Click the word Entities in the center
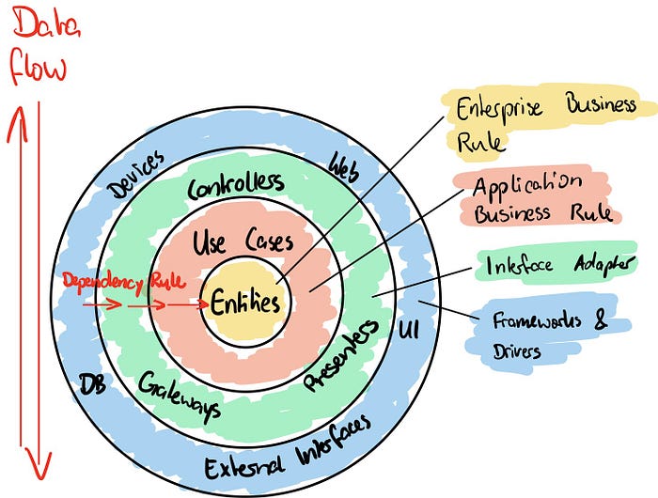click(244, 303)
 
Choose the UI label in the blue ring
click(410, 330)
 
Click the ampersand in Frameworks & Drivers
click(602, 319)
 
